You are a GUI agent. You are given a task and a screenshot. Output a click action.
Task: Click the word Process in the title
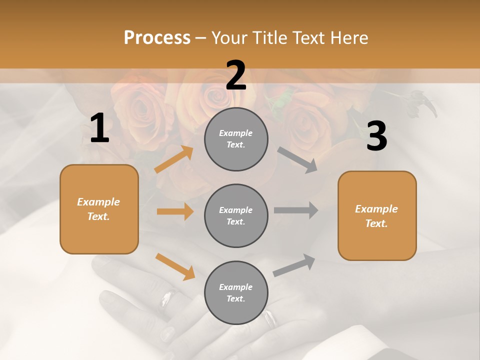click(x=157, y=37)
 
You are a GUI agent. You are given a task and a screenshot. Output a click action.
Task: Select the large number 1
click(x=99, y=128)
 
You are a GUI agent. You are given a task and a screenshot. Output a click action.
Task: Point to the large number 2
click(x=236, y=75)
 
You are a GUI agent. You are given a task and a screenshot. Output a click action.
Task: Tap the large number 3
click(x=376, y=136)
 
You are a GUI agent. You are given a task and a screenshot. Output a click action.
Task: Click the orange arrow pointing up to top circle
click(x=174, y=160)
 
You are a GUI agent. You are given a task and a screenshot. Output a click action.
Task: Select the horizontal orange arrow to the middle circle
click(x=175, y=211)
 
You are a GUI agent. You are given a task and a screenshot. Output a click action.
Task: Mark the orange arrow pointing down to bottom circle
click(x=175, y=266)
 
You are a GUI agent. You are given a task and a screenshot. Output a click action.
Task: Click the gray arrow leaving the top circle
click(x=297, y=160)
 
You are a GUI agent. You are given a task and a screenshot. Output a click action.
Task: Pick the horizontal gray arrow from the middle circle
click(x=296, y=210)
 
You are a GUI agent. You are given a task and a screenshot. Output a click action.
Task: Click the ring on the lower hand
click(x=270, y=318)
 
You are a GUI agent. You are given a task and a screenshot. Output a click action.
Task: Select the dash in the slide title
click(x=201, y=38)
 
